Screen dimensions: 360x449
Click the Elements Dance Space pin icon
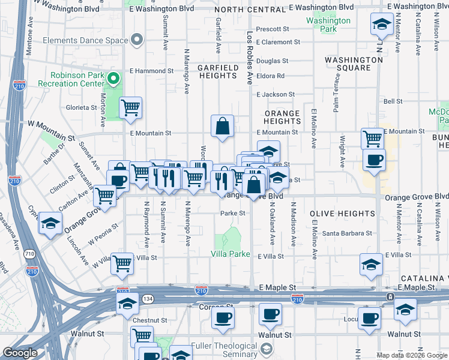(x=137, y=41)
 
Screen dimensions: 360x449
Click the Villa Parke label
(x=230, y=254)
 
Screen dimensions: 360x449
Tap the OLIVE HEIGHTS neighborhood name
(x=342, y=214)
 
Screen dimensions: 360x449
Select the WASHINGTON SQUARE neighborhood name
(x=354, y=64)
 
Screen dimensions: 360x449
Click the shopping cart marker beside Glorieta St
(x=130, y=109)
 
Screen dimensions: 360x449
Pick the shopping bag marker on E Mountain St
(x=222, y=126)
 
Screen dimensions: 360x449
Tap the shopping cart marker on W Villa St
(x=122, y=263)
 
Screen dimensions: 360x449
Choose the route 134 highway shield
(x=147, y=299)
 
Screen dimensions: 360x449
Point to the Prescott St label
(x=273, y=29)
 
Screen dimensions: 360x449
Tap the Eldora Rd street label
(x=270, y=76)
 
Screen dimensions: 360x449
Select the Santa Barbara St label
(x=347, y=233)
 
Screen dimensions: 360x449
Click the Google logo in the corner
(x=20, y=353)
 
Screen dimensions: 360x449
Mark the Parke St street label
(x=233, y=213)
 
